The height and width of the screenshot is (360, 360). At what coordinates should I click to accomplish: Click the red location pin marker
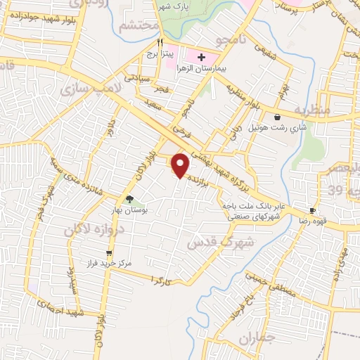coord(181,165)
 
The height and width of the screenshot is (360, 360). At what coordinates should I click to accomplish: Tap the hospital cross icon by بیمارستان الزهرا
coord(201,56)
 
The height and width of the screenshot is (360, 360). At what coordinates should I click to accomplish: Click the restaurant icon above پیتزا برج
coord(160,41)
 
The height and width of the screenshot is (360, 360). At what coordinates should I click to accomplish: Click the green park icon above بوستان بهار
coord(129,199)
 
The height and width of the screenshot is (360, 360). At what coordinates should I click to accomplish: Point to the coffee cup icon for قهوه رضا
coord(313,210)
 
